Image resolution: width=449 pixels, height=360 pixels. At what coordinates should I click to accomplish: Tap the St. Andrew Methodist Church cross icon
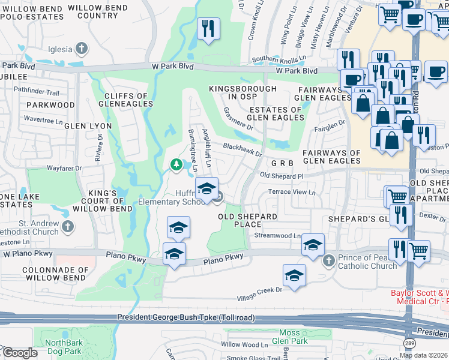tap(68, 226)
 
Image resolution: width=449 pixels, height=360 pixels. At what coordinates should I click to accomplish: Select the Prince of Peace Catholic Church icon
tap(328, 261)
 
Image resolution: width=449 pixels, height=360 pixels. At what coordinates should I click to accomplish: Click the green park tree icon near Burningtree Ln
tap(176, 164)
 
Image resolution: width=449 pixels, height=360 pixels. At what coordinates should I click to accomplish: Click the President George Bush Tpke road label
tap(186, 317)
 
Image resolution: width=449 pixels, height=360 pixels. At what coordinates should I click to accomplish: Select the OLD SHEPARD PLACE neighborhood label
tap(247, 220)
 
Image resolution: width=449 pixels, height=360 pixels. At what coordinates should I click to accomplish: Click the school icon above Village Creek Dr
tap(294, 275)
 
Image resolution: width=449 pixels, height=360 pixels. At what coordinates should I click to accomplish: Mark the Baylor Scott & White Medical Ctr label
tap(419, 296)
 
